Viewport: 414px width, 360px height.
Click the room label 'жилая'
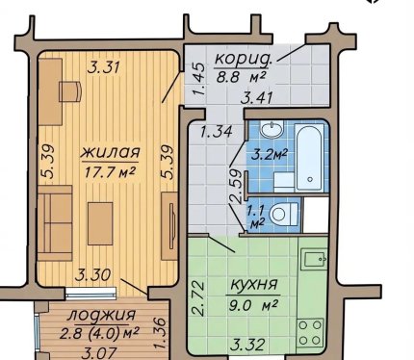(110, 152)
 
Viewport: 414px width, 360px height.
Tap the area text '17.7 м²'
(110, 172)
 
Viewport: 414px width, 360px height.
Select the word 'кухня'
(253, 284)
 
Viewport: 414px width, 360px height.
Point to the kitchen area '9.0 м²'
(253, 305)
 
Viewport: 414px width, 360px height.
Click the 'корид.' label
(244, 59)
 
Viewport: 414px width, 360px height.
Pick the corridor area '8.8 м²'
(241, 77)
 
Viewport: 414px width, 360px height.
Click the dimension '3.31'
(104, 67)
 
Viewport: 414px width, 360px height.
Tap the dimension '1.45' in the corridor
(199, 79)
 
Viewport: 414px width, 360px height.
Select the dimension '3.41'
(257, 97)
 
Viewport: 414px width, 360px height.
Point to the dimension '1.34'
(216, 132)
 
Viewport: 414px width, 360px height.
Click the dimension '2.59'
(235, 186)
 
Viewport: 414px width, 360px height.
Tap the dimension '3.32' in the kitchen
(247, 346)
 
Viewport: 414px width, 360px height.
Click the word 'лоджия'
(101, 315)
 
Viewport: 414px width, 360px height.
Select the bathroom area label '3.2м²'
(269, 156)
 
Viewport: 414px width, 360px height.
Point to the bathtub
(309, 158)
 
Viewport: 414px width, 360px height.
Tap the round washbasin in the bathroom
(272, 130)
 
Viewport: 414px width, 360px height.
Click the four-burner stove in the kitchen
(310, 332)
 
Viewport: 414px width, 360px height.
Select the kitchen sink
(315, 259)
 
